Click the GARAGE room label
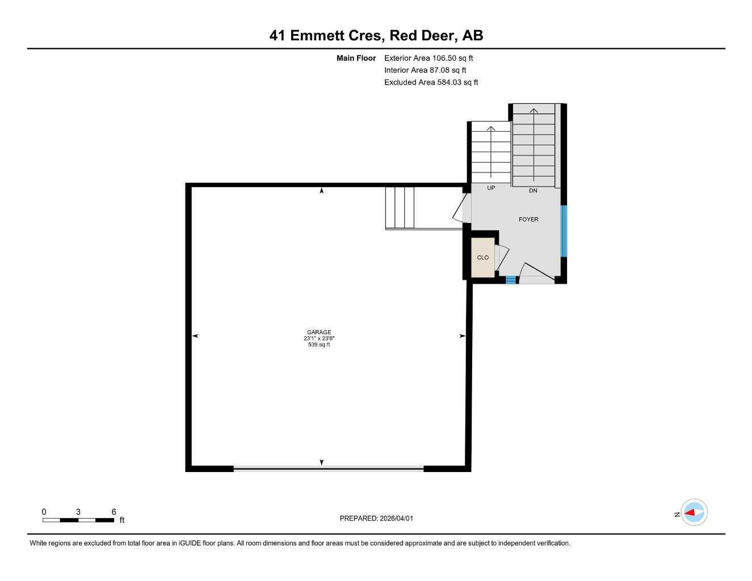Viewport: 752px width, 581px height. [x=318, y=332]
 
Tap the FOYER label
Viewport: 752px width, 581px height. [x=528, y=220]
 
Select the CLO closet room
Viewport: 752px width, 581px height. [x=482, y=258]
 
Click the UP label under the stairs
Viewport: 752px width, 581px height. [x=491, y=188]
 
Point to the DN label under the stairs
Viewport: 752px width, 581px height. [x=533, y=191]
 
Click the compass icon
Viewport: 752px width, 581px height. [x=694, y=513]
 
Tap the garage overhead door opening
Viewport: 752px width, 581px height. [x=329, y=468]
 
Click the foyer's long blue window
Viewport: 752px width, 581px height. [x=564, y=231]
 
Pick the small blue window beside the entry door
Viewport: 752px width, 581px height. [x=511, y=280]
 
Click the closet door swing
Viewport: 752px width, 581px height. [x=502, y=258]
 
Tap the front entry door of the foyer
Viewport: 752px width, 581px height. [x=536, y=275]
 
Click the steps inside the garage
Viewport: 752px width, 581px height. [x=400, y=208]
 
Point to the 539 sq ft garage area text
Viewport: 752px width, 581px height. [x=318, y=344]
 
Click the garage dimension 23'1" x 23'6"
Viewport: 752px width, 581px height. [x=318, y=339]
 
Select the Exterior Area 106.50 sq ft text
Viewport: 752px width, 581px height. [x=428, y=58]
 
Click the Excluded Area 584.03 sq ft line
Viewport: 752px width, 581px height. [x=431, y=82]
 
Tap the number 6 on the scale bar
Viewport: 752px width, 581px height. [x=114, y=512]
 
